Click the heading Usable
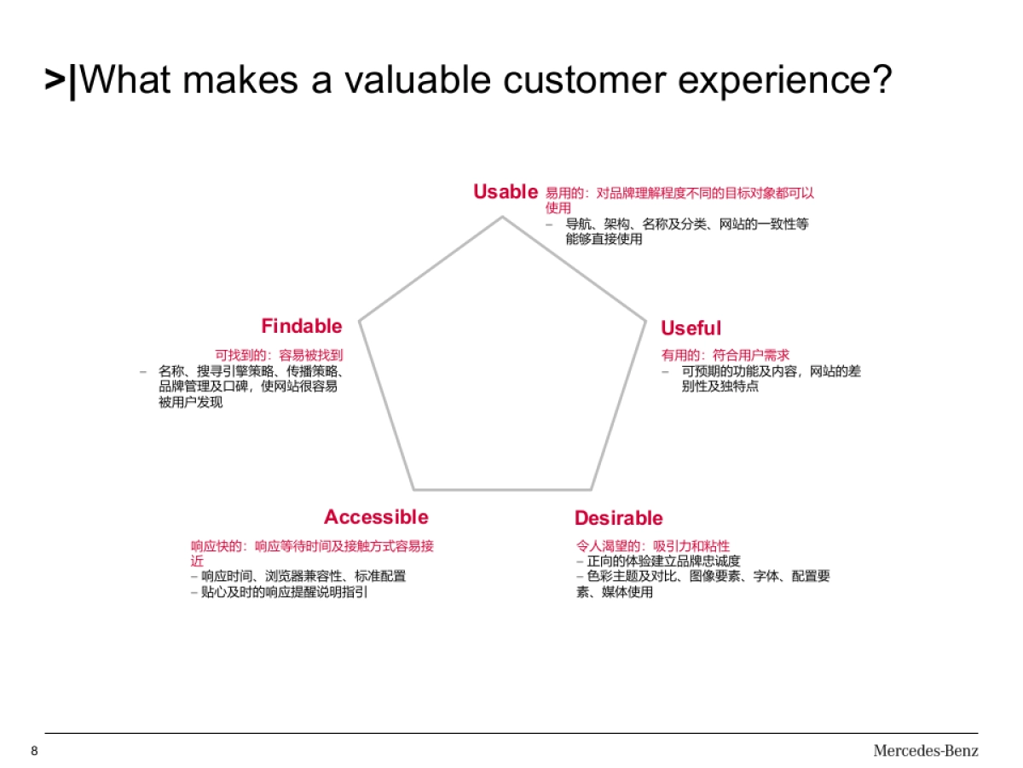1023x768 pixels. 505,192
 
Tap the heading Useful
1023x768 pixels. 691,329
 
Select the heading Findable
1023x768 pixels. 301,326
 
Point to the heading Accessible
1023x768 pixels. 376,517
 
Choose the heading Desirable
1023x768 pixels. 618,518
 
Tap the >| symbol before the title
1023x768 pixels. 61,80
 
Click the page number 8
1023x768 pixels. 34,751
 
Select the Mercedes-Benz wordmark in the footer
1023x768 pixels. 925,751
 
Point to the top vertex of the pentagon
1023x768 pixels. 502,217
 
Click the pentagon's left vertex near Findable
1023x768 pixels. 360,321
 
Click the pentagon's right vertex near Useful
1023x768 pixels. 645,322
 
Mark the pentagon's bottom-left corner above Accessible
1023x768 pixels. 414,489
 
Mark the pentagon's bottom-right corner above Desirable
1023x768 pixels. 591,489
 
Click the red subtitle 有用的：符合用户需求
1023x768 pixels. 725,355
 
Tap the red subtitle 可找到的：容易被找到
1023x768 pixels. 279,354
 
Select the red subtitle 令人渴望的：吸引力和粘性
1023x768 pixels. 653,546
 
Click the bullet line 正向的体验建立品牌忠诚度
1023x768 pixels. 663,561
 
